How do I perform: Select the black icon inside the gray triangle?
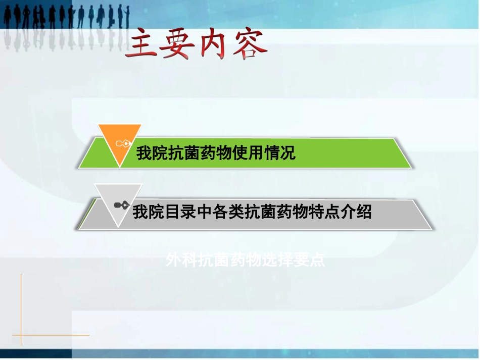pyautogui.click(x=121, y=204)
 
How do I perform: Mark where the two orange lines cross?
pyautogui.click(x=21, y=335)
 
